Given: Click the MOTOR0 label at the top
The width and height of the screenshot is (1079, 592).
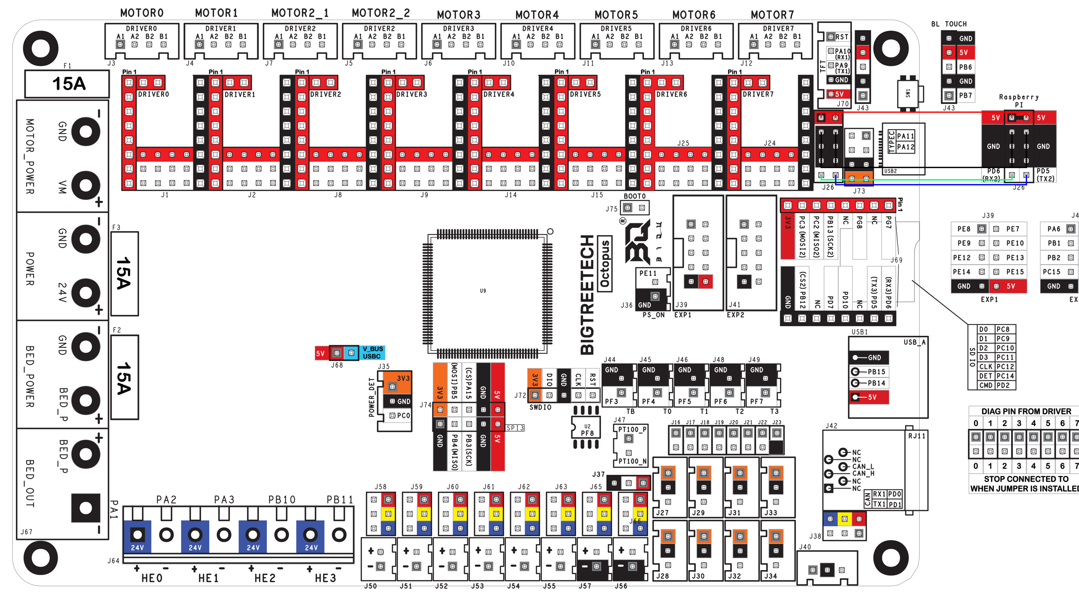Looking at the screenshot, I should (x=142, y=13).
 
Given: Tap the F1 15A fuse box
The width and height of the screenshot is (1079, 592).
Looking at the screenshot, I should (x=67, y=84).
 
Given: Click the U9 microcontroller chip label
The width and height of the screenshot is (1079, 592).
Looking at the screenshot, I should (x=483, y=291).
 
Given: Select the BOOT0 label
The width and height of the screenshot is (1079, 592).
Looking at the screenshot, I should (x=635, y=196).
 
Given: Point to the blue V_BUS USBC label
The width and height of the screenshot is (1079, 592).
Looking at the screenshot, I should (x=372, y=353).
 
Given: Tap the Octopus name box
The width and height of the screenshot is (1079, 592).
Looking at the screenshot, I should (x=605, y=263).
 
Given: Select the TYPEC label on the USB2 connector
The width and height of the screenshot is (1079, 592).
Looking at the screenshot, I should (x=891, y=141).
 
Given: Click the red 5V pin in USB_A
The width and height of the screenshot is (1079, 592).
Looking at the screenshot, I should (x=868, y=397).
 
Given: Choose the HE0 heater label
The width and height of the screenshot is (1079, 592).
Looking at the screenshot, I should (x=152, y=578).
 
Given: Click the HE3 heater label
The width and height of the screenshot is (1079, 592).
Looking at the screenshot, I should (x=325, y=578).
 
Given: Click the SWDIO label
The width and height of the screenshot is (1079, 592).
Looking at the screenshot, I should (x=540, y=407).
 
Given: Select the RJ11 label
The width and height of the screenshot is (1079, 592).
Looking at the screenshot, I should (x=916, y=436).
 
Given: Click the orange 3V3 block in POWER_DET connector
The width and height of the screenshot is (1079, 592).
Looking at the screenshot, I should (x=397, y=381).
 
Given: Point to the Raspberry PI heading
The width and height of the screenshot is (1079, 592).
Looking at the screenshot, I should (x=1019, y=101).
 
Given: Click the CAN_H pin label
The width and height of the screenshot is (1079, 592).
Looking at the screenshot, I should (x=863, y=474).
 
